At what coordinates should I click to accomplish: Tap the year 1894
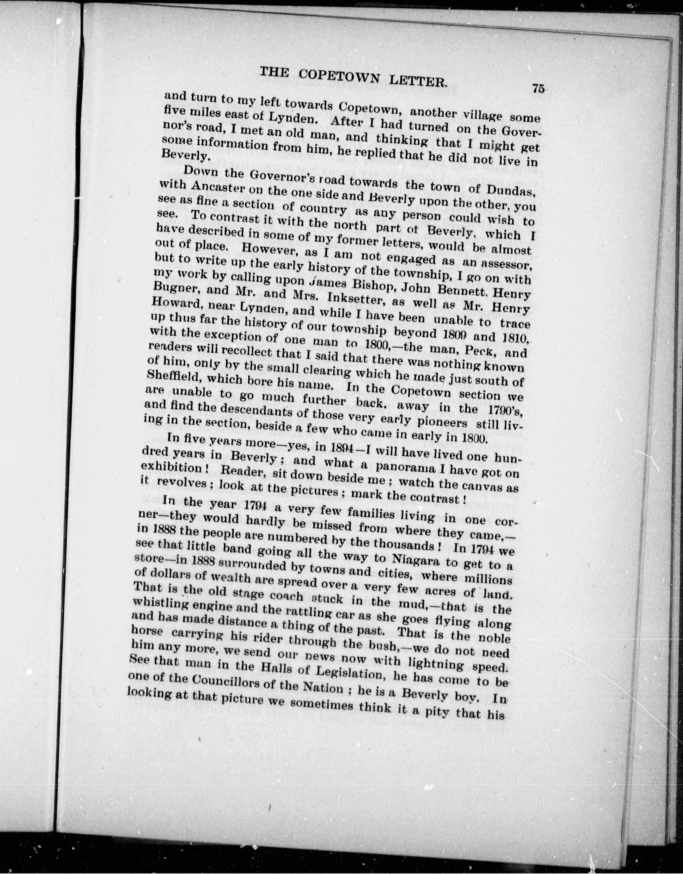pos(340,449)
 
